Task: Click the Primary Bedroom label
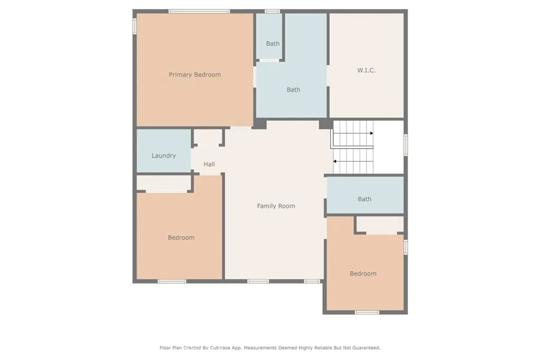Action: (x=195, y=75)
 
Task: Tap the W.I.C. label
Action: (x=366, y=70)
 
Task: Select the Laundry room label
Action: (x=163, y=156)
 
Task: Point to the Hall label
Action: (x=209, y=164)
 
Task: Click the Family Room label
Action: (x=276, y=206)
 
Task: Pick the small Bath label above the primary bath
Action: (x=273, y=44)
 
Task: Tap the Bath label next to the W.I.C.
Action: (x=293, y=90)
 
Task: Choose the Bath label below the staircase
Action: (x=364, y=199)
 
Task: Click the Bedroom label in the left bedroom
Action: (x=181, y=238)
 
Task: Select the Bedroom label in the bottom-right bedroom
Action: (x=363, y=274)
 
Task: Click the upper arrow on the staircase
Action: (x=371, y=133)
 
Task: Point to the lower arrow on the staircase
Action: (x=335, y=161)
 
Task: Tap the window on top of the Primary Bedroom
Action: (x=199, y=11)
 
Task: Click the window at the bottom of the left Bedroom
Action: (x=172, y=281)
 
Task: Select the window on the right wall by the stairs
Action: (x=406, y=145)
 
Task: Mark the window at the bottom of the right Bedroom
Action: (x=367, y=313)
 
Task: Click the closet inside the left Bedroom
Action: (x=164, y=183)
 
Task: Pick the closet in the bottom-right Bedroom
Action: (x=380, y=225)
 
